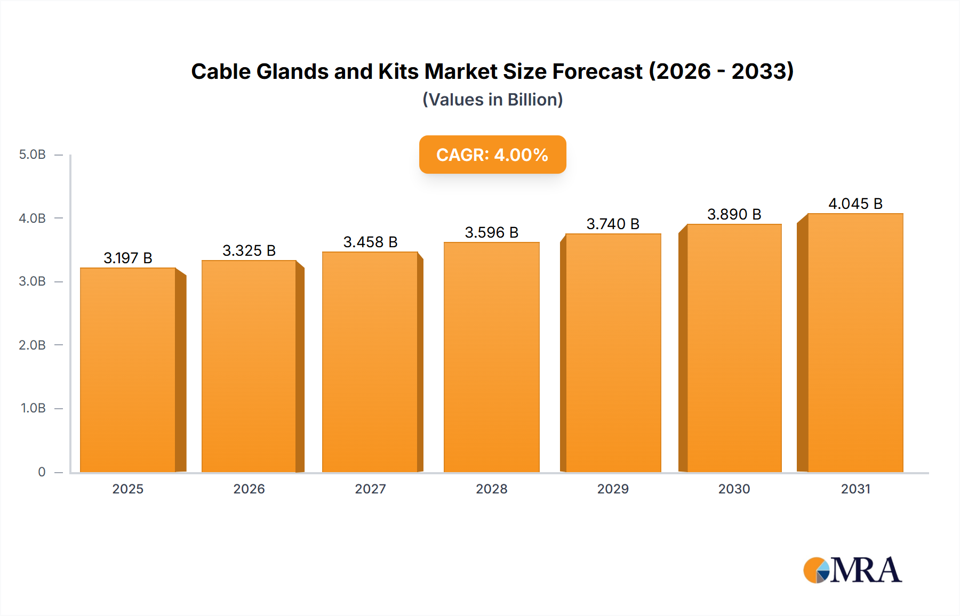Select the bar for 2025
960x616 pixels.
click(x=128, y=370)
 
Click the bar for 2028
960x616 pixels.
click(x=491, y=357)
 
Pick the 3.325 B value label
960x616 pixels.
click(x=249, y=250)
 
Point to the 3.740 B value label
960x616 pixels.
click(x=613, y=224)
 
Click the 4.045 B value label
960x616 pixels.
click(x=855, y=204)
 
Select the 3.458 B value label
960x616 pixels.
click(x=370, y=242)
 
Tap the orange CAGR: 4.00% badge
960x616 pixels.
click(x=492, y=155)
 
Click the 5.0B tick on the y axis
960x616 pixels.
click(x=33, y=155)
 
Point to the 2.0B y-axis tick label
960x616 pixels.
click(x=33, y=345)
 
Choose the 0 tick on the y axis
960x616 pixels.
click(x=42, y=472)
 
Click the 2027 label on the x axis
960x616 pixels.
click(x=370, y=489)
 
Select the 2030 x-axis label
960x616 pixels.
click(x=734, y=489)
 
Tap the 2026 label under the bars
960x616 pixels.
click(x=249, y=489)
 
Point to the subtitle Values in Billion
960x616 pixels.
click(x=492, y=100)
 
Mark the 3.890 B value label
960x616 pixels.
click(x=734, y=214)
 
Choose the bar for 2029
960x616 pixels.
click(x=613, y=353)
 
